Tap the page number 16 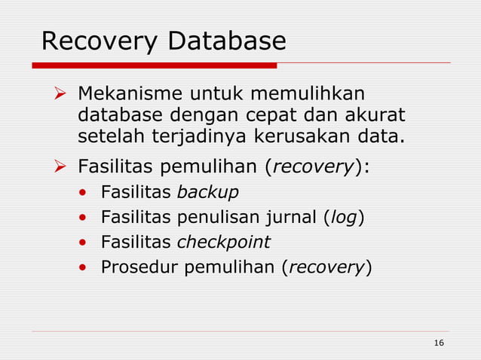pyautogui.click(x=439, y=343)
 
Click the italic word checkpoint pyautogui.click(x=223, y=243)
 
